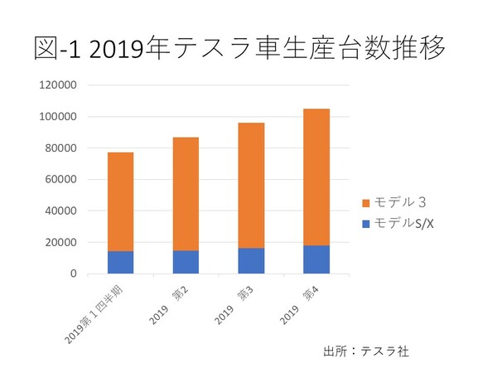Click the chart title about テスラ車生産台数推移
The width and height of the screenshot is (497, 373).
coord(240,48)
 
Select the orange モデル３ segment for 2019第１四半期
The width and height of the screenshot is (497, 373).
coord(120,201)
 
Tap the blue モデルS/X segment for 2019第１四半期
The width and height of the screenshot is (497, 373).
coord(120,262)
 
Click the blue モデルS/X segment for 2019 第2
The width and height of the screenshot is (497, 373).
coord(186,262)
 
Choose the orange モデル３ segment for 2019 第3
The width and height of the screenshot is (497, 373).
coord(251,186)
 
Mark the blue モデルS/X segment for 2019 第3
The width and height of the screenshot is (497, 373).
coord(251,261)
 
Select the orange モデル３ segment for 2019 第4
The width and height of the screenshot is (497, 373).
coord(316,177)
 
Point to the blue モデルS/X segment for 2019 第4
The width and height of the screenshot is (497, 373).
coord(316,259)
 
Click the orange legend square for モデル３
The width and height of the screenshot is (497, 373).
coord(366,203)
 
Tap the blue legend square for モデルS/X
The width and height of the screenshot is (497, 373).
coord(366,223)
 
